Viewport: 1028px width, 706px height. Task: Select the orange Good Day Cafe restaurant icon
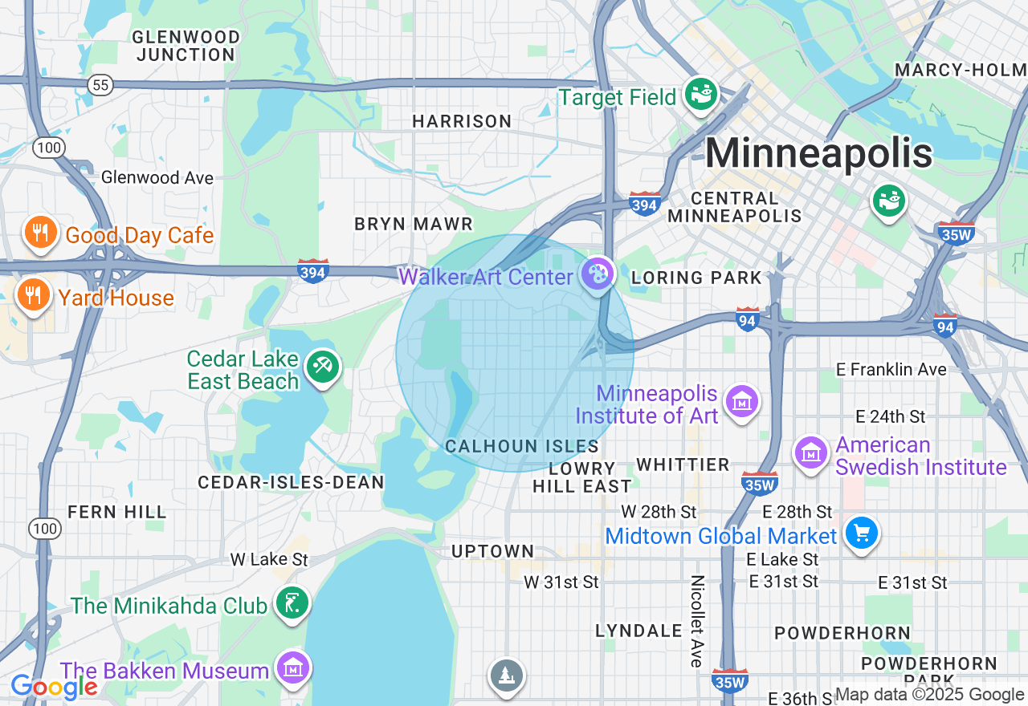pos(39,233)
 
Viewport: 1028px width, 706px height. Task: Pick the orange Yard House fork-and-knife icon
pos(32,295)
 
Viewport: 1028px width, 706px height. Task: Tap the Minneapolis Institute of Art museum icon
pos(741,401)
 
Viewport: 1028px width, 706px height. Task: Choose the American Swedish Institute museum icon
pos(811,453)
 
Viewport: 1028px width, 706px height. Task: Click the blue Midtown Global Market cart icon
pos(862,533)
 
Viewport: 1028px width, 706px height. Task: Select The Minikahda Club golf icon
pos(291,603)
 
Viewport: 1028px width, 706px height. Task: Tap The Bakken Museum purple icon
pos(292,667)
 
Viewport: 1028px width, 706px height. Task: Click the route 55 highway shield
pos(100,85)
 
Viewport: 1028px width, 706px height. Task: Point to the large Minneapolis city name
pos(818,153)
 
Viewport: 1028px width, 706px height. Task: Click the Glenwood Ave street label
pos(157,177)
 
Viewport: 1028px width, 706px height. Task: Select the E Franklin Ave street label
pos(891,370)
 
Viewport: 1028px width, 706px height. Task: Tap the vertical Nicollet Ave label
pos(697,620)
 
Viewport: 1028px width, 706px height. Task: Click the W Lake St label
pos(269,559)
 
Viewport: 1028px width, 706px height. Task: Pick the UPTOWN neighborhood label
pos(492,551)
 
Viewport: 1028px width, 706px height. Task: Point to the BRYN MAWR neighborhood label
pos(414,224)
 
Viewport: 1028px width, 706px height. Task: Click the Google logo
pos(54,687)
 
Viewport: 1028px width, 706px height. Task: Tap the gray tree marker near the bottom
pos(507,676)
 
